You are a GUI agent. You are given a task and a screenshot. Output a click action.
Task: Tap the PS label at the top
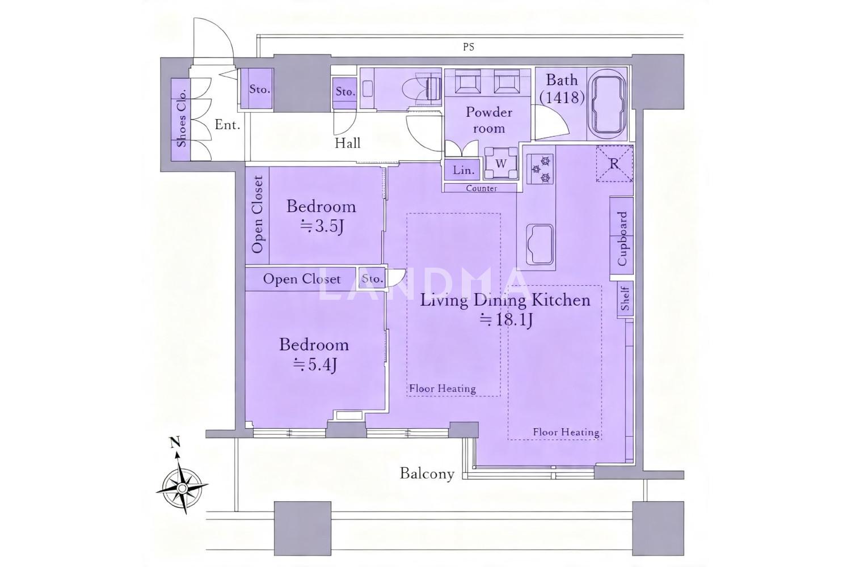[469, 46]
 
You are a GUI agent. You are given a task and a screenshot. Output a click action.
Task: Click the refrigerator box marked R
[614, 164]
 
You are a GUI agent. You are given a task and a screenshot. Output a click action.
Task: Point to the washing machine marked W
[501, 163]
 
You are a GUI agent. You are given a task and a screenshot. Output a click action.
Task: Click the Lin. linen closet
[463, 170]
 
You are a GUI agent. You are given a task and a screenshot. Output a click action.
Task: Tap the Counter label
[481, 188]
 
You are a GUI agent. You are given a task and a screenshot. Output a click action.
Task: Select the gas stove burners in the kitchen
[540, 170]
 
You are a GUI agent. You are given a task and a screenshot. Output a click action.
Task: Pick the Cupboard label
[622, 239]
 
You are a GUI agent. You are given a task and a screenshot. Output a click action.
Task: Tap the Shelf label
[625, 298]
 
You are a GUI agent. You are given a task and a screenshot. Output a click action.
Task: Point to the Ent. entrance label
[227, 125]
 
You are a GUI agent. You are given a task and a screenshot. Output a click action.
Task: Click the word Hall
[347, 143]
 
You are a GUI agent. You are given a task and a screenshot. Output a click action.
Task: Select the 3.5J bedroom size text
[322, 227]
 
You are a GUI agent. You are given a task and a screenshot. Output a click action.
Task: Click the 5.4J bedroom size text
[315, 365]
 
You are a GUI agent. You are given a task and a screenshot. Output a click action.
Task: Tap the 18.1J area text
[507, 320]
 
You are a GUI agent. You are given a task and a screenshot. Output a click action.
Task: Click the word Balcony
[427, 473]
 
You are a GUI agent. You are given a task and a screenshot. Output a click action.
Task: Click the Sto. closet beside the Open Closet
[372, 279]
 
